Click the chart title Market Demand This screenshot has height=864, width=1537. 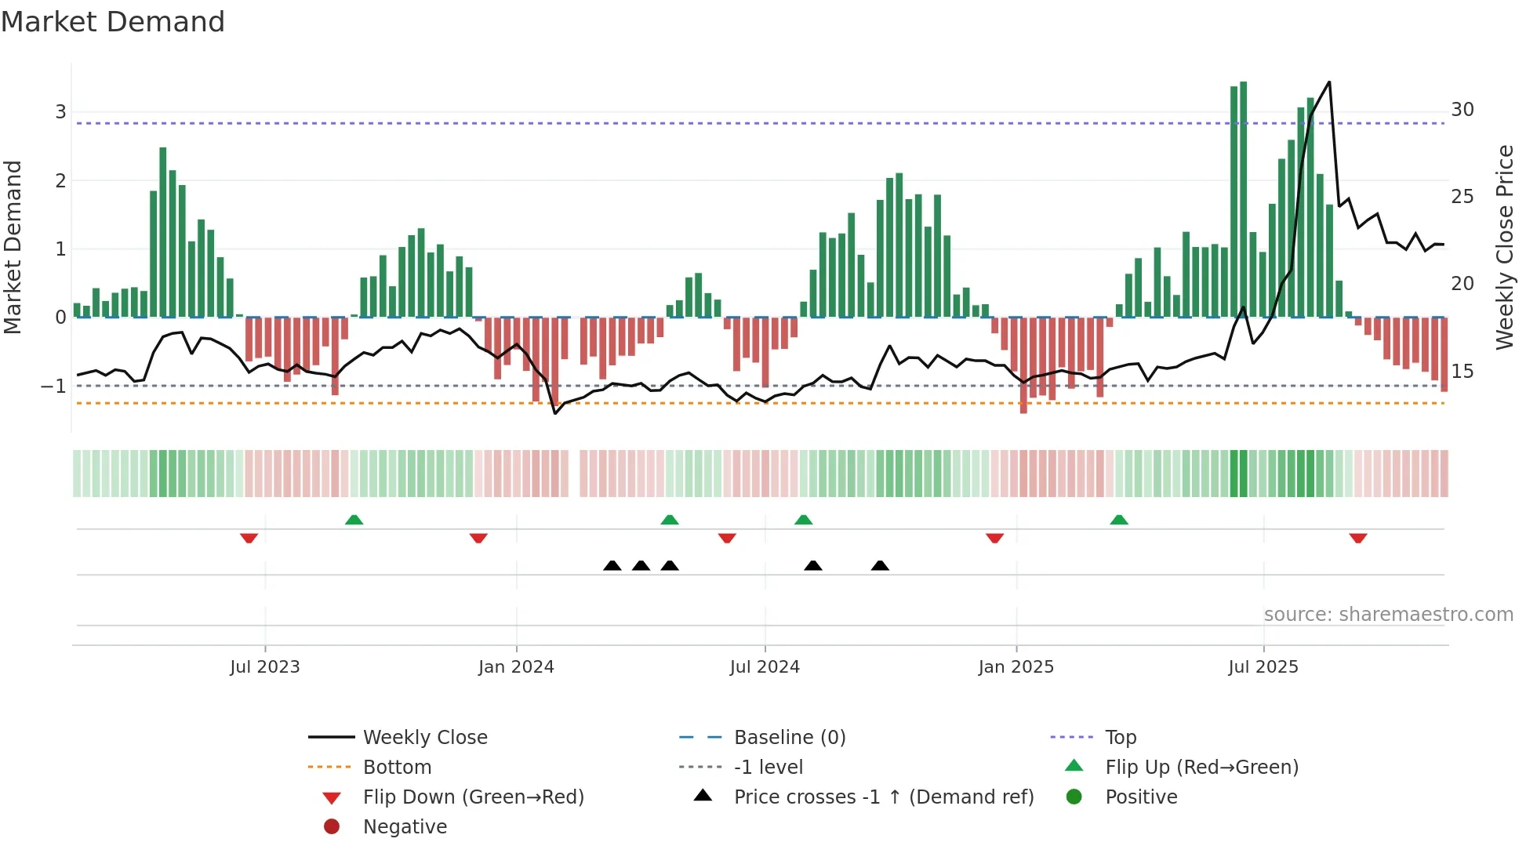(x=113, y=22)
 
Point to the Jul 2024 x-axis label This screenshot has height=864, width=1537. (x=764, y=667)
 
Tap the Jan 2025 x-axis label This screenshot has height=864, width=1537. (x=1016, y=667)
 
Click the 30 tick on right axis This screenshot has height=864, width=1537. (x=1462, y=110)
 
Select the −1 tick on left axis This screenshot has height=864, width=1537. (x=53, y=387)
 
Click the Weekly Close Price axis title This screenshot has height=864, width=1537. (x=1504, y=247)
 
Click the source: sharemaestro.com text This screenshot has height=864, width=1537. (x=1388, y=615)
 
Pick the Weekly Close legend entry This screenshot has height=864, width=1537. (x=424, y=738)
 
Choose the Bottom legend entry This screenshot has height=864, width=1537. (x=397, y=768)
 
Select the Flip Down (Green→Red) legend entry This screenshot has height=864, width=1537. (x=473, y=797)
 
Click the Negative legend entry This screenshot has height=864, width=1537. (x=405, y=827)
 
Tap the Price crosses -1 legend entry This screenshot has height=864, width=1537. (x=883, y=797)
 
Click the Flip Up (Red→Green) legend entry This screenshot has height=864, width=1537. (x=1201, y=768)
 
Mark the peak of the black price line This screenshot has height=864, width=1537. (x=1328, y=82)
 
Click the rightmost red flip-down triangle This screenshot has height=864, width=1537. (x=1358, y=538)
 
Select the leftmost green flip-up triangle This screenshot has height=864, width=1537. (x=354, y=520)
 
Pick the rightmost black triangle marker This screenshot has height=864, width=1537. (x=880, y=565)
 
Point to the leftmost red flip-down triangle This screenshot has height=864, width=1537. (x=249, y=538)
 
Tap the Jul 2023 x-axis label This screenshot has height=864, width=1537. (x=264, y=667)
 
